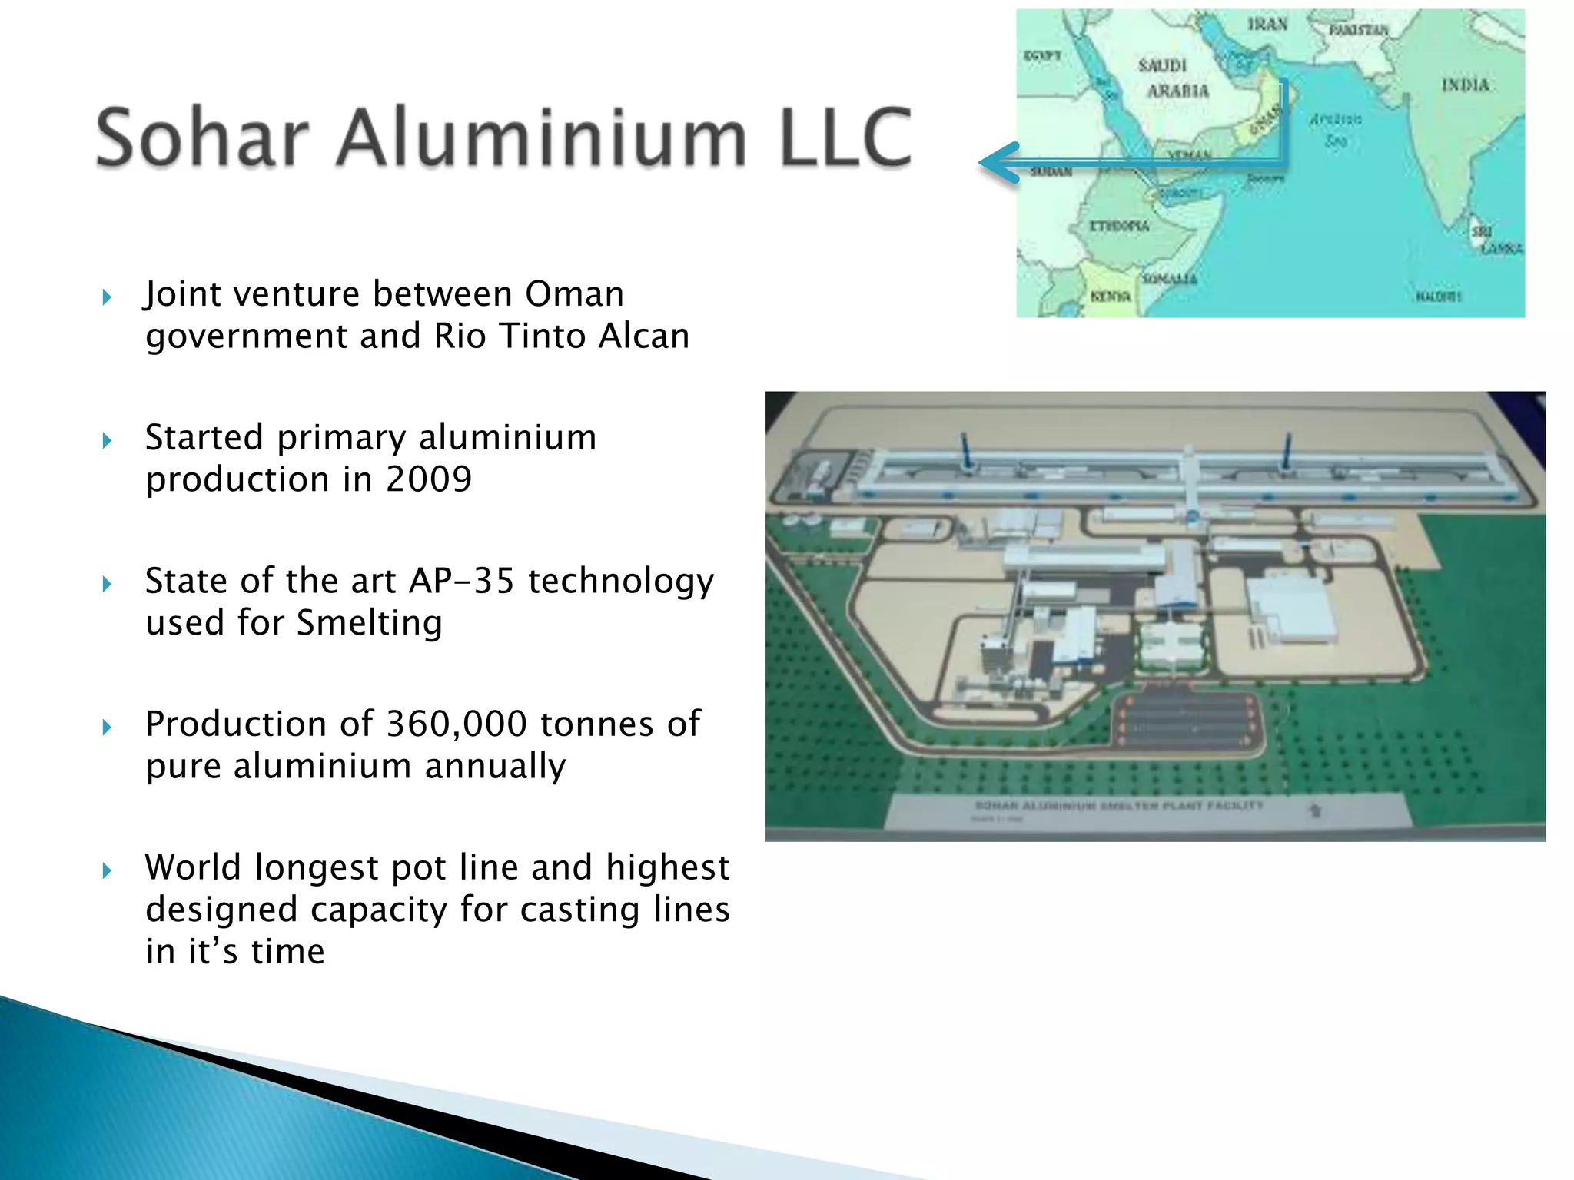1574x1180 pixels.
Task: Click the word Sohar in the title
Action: [x=201, y=138]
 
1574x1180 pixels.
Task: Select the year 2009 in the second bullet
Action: [x=428, y=479]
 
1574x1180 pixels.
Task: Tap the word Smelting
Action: [x=369, y=623]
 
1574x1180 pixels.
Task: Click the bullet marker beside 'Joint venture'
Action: [x=107, y=297]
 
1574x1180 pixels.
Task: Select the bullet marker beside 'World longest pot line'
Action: [x=107, y=870]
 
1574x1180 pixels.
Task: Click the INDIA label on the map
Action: [x=1465, y=85]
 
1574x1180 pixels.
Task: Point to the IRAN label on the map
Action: [x=1267, y=25]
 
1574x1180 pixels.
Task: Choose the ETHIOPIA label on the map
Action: [x=1119, y=227]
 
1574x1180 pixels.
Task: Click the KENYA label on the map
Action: [x=1111, y=297]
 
